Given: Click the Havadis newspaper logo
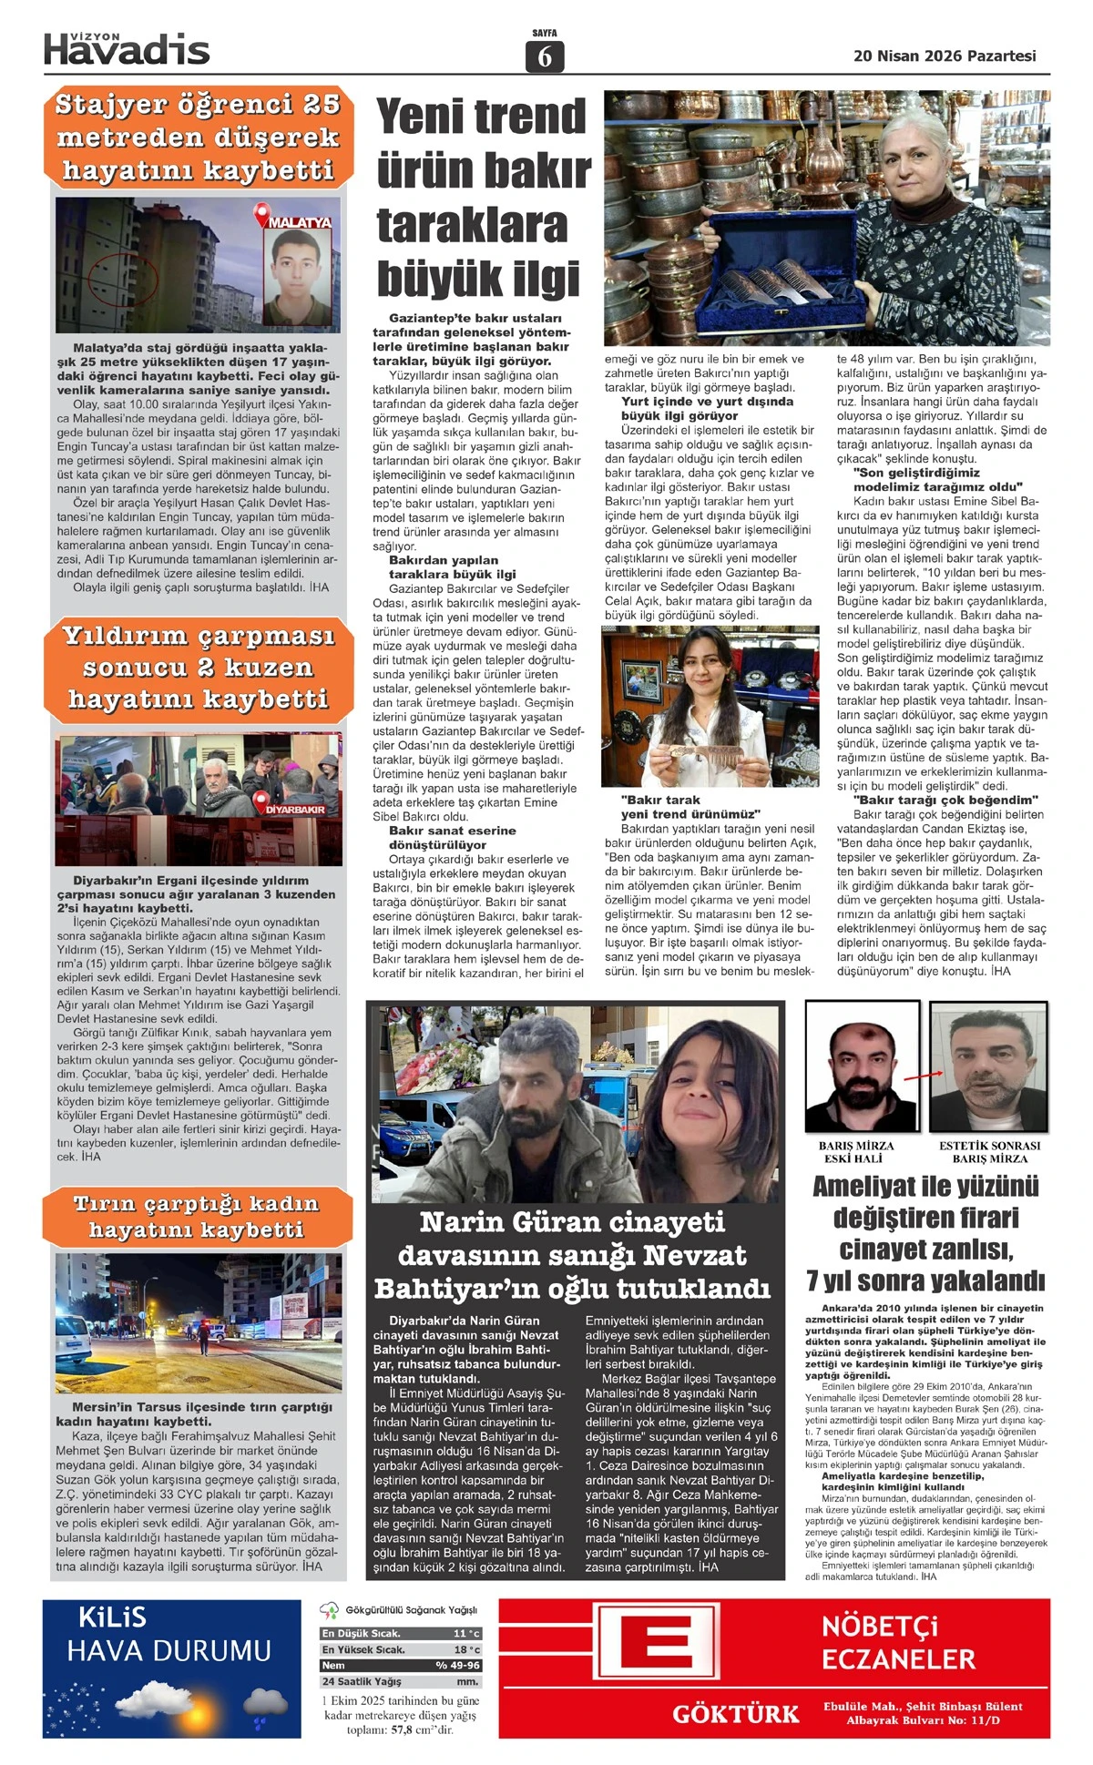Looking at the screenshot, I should coord(127,49).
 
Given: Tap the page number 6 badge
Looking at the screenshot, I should coord(545,57).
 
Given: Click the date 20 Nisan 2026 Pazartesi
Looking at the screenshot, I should coord(945,56).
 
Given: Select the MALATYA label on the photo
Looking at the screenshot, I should coord(299,221).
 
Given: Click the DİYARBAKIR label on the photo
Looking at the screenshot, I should coord(295,809).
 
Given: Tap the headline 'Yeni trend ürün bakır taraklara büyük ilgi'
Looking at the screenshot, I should coord(483,198).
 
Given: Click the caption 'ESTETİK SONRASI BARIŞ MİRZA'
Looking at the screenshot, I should coord(989,1152).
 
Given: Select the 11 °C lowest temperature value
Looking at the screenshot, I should coord(466,1634).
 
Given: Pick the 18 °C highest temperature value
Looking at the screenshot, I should coord(466,1649).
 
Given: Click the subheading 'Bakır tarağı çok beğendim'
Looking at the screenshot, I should coord(934,800).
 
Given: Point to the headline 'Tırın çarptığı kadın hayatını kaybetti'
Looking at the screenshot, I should coord(196,1217).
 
